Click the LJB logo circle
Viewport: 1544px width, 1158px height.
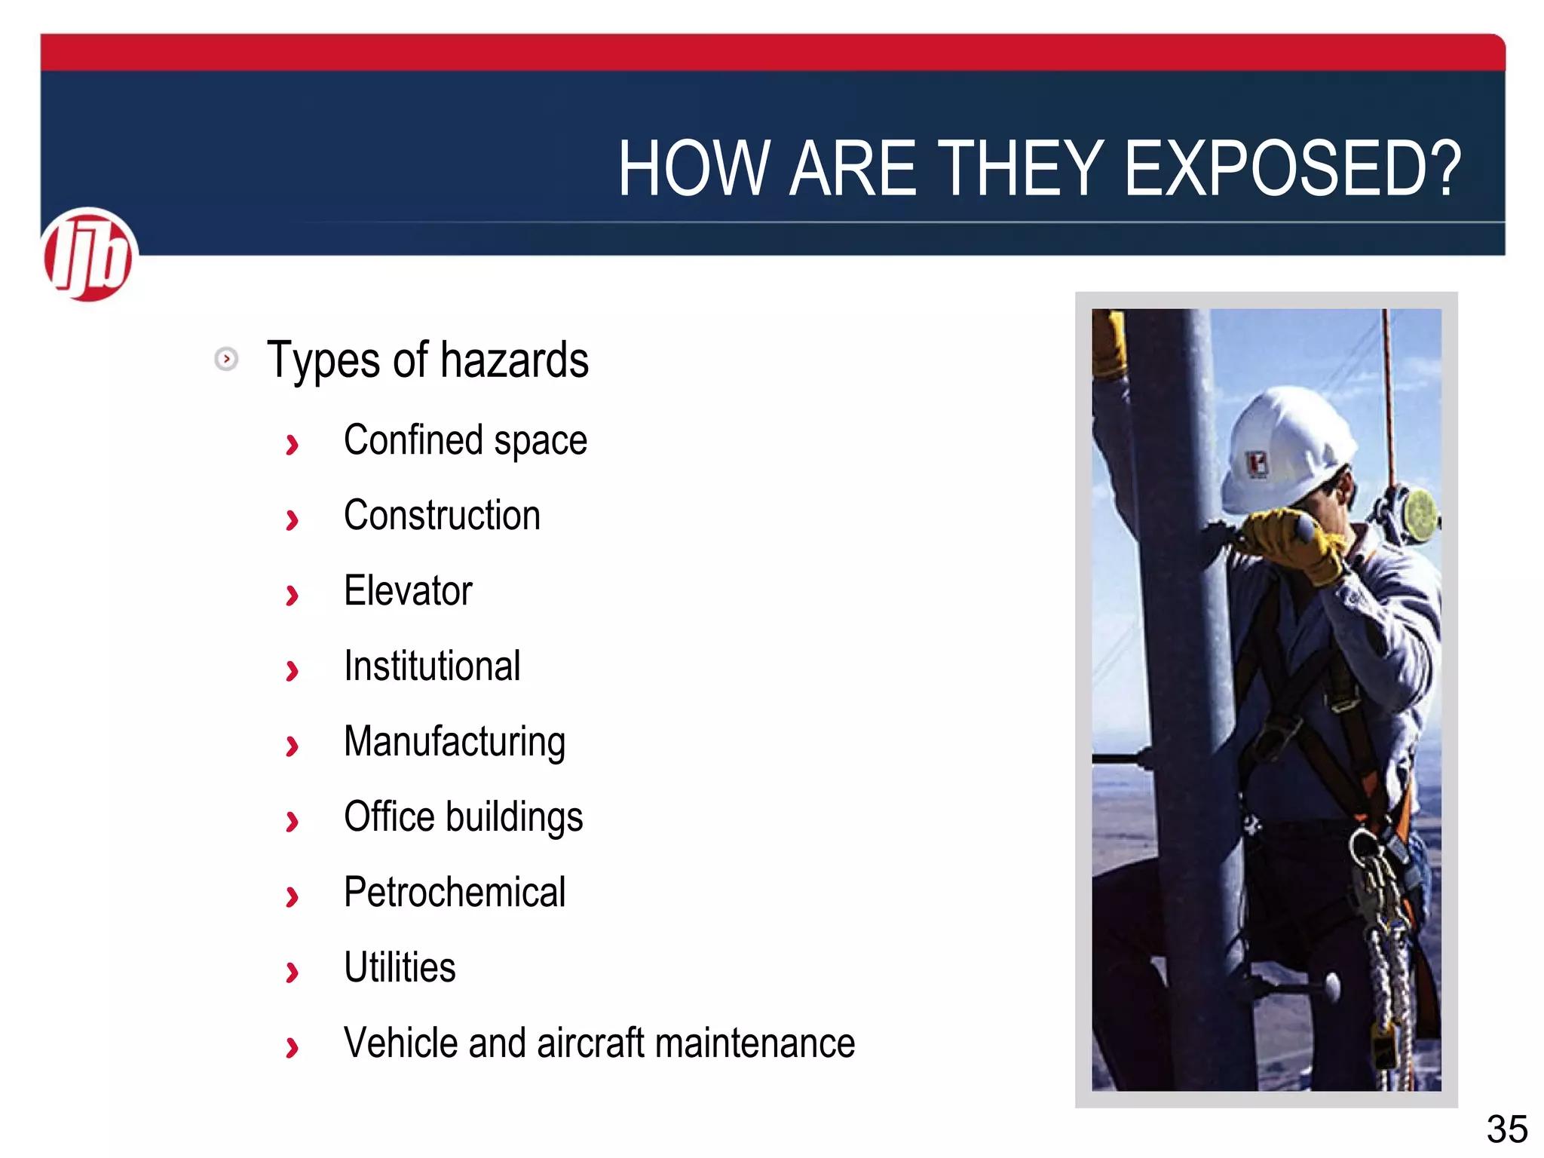tap(89, 255)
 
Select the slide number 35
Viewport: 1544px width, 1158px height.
tap(1506, 1129)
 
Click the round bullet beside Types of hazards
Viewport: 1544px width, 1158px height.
tap(226, 359)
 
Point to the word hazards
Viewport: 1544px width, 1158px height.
tap(514, 360)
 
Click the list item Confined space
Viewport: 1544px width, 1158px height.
tap(465, 440)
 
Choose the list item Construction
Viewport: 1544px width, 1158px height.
tap(442, 516)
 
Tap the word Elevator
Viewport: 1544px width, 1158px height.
tap(408, 590)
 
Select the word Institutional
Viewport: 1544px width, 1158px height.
tap(432, 666)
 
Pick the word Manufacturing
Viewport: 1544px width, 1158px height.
tap(455, 742)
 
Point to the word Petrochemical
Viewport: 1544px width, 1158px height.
tap(455, 893)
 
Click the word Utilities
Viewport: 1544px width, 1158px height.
tap(400, 967)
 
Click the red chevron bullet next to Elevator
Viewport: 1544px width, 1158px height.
tap(292, 596)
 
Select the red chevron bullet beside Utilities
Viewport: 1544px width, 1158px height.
tap(292, 973)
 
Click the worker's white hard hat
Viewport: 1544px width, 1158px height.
tap(1285, 445)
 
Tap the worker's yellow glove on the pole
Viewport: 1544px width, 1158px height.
tap(1293, 539)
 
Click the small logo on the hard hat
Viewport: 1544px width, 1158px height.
tap(1256, 464)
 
